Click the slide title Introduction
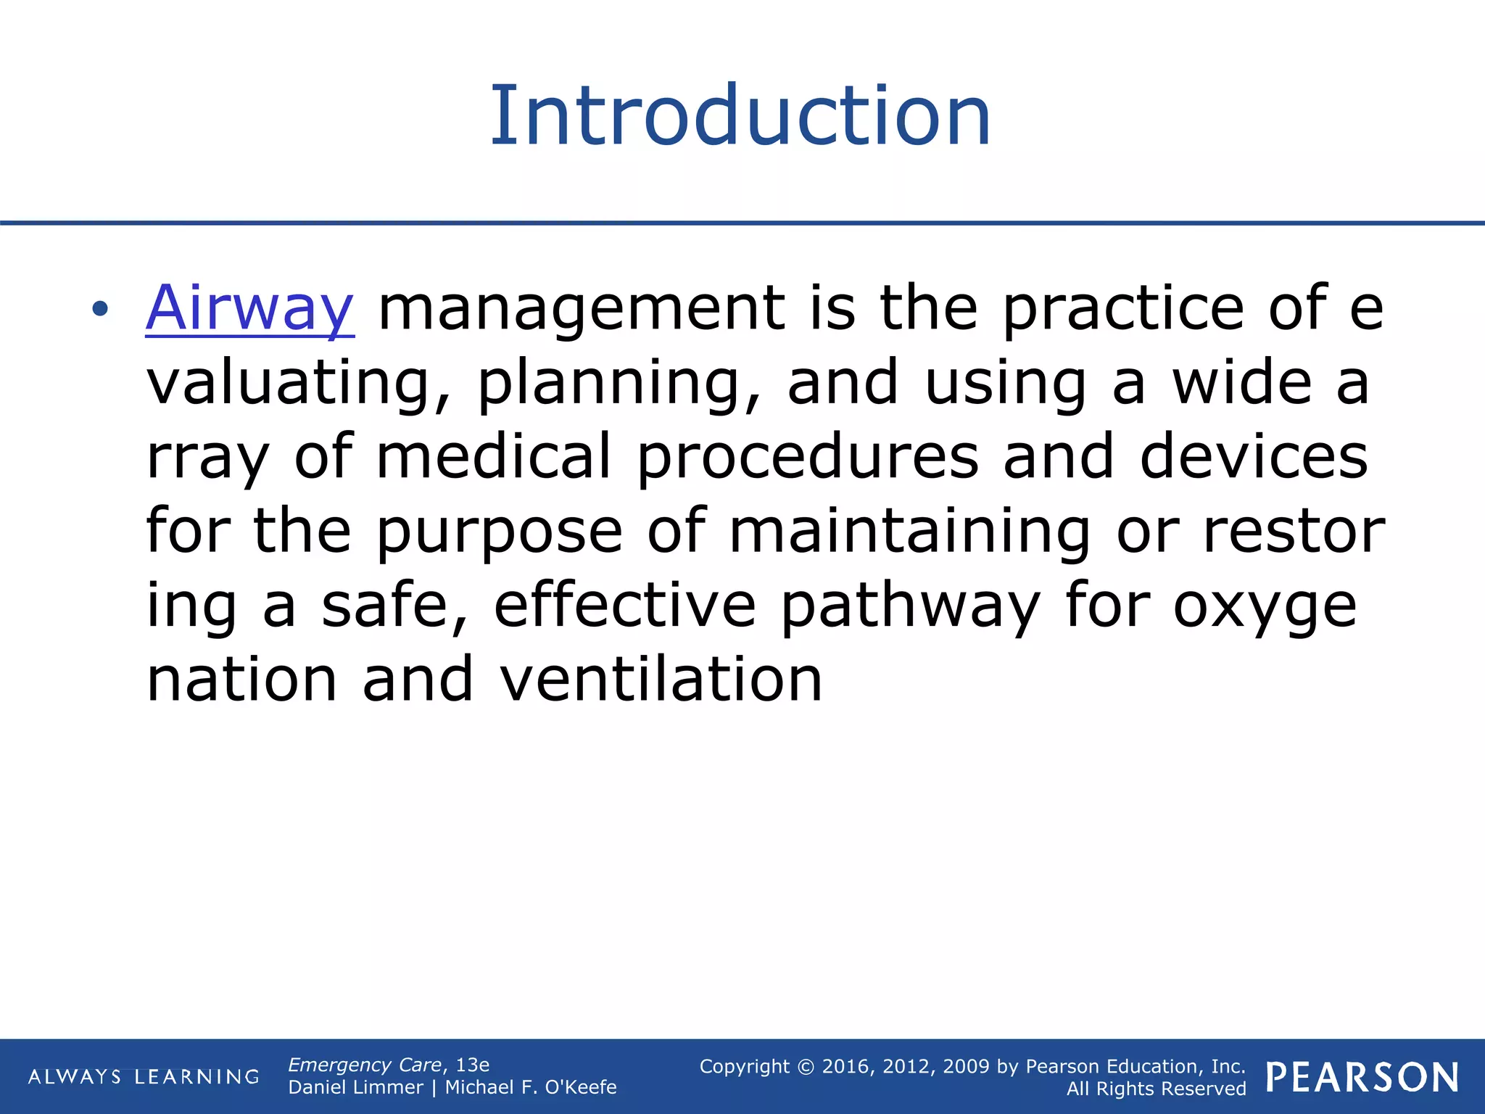[x=740, y=116]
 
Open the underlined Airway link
[x=249, y=308]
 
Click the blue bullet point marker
[x=100, y=310]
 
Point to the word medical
[x=494, y=457]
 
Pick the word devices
[x=1254, y=457]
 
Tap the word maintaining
[x=909, y=532]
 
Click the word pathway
[x=911, y=607]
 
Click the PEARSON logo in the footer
[x=1362, y=1077]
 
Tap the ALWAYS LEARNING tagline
[x=144, y=1076]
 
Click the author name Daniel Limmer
[x=355, y=1087]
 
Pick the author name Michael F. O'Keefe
[x=531, y=1087]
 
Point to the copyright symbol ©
[x=806, y=1067]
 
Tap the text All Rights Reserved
[x=1156, y=1089]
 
